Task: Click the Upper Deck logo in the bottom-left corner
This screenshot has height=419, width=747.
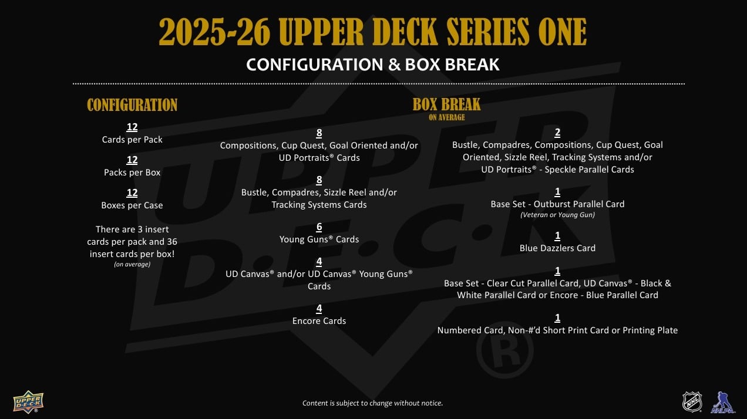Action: pyautogui.click(x=28, y=401)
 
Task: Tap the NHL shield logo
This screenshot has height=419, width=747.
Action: pyautogui.click(x=692, y=401)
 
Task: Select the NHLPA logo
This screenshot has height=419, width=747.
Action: pyautogui.click(x=722, y=403)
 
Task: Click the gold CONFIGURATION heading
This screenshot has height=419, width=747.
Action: pyautogui.click(x=132, y=105)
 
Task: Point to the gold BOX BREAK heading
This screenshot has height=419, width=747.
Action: pyautogui.click(x=446, y=104)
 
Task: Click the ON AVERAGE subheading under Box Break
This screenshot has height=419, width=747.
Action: pyautogui.click(x=446, y=117)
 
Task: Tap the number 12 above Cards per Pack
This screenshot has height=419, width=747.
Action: pyautogui.click(x=132, y=127)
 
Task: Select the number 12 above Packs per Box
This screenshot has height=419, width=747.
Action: pyautogui.click(x=132, y=160)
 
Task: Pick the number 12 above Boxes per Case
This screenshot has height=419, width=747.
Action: pyautogui.click(x=132, y=192)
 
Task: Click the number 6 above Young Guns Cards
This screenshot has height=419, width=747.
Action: pyautogui.click(x=319, y=227)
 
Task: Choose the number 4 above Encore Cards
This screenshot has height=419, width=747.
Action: pyautogui.click(x=319, y=308)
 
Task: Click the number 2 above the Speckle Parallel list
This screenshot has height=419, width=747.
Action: pyautogui.click(x=557, y=133)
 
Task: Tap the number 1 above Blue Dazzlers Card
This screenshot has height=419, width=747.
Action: pyautogui.click(x=557, y=236)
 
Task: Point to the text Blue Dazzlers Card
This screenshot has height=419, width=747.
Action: pyautogui.click(x=557, y=248)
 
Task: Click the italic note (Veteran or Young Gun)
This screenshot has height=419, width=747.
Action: pyautogui.click(x=557, y=215)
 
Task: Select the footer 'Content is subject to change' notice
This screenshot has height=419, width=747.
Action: pyautogui.click(x=372, y=403)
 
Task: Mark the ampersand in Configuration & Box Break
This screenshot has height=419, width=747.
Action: pyautogui.click(x=394, y=65)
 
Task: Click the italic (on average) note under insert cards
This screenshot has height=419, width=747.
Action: pyautogui.click(x=132, y=264)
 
